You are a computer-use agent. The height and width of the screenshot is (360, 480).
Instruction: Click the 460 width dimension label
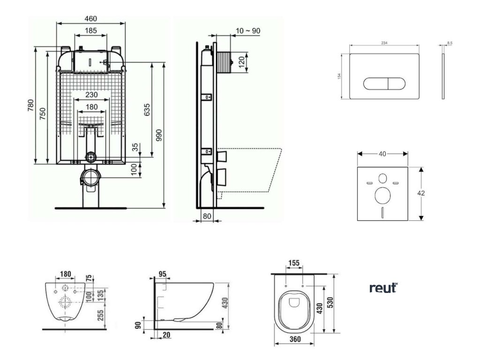(90, 19)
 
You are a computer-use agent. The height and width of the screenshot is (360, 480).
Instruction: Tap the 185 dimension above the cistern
(90, 31)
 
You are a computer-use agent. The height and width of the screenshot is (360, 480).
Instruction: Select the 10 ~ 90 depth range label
(248, 31)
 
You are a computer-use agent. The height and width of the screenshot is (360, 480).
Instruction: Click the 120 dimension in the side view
(242, 62)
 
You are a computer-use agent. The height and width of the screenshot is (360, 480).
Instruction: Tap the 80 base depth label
(207, 217)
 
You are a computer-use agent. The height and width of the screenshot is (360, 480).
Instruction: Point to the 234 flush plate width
(384, 43)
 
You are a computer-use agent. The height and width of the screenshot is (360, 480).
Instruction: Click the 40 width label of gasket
(382, 154)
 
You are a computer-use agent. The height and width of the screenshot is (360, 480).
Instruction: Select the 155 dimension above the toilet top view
(294, 263)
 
